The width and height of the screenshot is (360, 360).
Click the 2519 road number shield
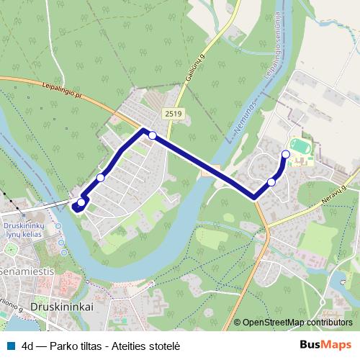pos(174,113)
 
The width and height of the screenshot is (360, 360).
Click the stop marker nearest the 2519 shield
pos(153,135)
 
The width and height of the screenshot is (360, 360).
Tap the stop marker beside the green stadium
pos(285,154)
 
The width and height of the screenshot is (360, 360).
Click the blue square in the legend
pos(12,346)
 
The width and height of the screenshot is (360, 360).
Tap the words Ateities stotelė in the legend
pos(148,346)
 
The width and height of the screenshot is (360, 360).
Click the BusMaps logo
pos(325,345)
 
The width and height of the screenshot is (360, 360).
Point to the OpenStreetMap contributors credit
pos(297,322)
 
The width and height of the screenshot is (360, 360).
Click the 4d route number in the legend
pos(29,346)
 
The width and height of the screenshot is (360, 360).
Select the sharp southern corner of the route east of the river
pos(254,197)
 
